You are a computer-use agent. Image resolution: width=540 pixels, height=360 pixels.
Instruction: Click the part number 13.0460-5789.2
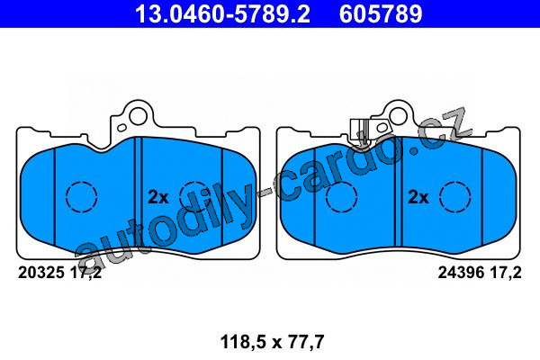tap(222, 13)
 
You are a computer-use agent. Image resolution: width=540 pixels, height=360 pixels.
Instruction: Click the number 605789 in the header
tap(381, 13)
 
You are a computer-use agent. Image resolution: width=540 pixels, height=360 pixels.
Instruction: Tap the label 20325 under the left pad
tap(41, 273)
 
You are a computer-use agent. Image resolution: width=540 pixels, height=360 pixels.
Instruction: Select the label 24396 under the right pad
tap(461, 273)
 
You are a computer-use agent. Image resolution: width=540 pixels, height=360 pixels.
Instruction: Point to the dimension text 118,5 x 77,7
tap(272, 342)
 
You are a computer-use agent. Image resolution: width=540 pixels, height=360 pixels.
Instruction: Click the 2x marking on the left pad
tap(158, 197)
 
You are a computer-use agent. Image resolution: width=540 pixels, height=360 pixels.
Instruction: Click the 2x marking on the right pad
tap(418, 197)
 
